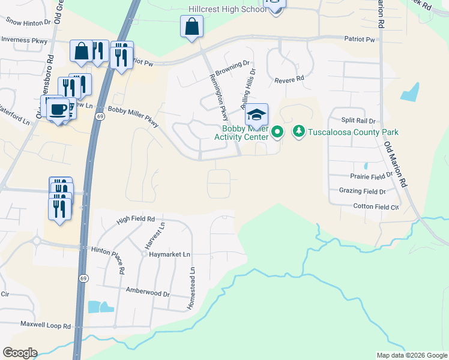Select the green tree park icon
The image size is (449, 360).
(x=298, y=131)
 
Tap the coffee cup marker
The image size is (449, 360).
(x=58, y=109)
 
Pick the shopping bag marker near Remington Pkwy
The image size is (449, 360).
(x=191, y=26)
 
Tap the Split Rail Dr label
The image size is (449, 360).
(x=358, y=121)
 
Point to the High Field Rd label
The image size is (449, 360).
(x=136, y=220)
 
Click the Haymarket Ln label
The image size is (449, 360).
(x=169, y=254)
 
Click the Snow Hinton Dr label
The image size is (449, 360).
(x=28, y=21)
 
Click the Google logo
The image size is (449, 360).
(x=20, y=353)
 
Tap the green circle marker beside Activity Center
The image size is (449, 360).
(x=277, y=131)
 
